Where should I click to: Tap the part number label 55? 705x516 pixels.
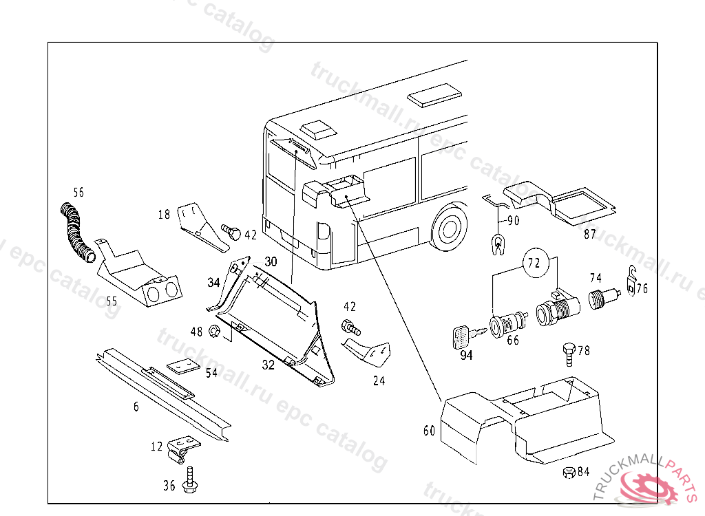112,300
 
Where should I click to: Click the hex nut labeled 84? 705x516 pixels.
569,472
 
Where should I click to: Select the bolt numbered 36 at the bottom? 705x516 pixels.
190,480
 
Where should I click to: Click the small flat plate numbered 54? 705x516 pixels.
182,366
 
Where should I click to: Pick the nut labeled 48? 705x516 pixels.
214,332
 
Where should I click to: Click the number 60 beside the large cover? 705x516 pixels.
430,431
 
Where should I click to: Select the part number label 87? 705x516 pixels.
590,234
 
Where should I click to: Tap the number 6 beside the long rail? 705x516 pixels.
136,407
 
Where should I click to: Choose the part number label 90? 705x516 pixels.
513,221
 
